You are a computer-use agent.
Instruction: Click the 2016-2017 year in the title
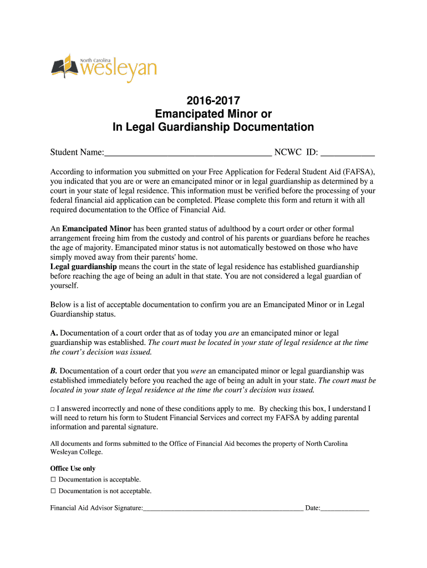[213, 101]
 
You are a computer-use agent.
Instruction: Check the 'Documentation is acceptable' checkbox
[53, 479]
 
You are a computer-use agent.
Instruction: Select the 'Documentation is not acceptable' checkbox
[53, 491]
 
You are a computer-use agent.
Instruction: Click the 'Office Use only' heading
[73, 468]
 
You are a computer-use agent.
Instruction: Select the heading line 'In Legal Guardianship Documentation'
[213, 128]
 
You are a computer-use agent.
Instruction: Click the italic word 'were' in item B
[199, 371]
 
